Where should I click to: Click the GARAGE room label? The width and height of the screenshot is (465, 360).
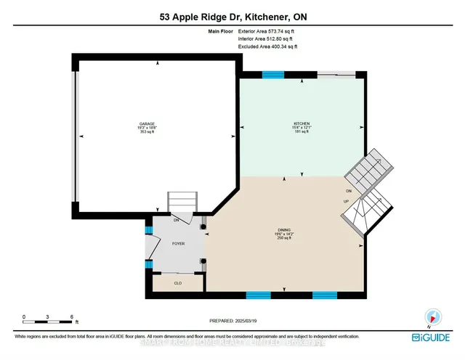[x=148, y=124]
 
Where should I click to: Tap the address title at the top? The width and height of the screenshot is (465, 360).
[x=232, y=17]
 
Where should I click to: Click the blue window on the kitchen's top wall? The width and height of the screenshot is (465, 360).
[x=272, y=74]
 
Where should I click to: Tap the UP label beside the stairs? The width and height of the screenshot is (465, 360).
[x=347, y=200]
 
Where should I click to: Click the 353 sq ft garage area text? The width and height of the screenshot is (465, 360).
[x=148, y=133]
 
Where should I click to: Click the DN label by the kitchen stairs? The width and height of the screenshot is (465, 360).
[x=349, y=190]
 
